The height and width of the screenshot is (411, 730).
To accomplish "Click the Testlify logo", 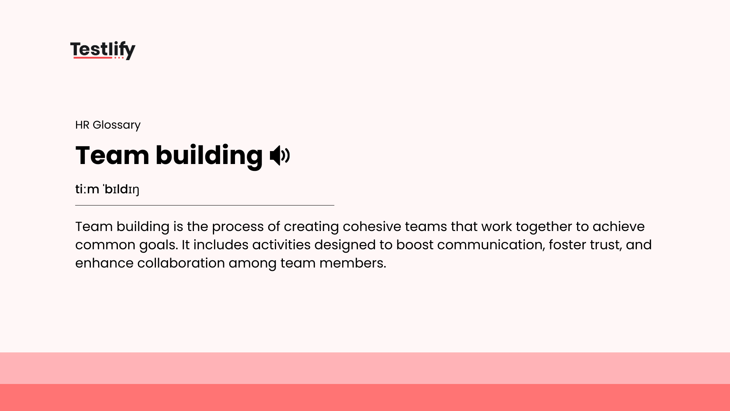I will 103,50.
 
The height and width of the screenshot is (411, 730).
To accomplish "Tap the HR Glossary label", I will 108,125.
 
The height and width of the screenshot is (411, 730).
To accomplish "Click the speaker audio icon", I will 280,155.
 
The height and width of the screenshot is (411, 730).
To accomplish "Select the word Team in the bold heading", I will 112,155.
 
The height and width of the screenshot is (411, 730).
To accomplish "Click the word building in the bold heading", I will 209,155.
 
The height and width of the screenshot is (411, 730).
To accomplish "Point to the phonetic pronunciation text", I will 107,189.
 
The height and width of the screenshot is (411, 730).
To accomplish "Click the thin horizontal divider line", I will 205,205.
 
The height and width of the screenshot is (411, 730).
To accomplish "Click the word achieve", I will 618,226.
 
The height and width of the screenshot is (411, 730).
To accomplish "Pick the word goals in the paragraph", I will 158,245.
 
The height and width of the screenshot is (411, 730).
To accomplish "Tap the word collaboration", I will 181,263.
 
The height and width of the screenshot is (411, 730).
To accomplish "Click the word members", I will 352,263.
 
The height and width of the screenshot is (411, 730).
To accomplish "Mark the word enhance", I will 104,263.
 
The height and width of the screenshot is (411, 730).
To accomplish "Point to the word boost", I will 414,245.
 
